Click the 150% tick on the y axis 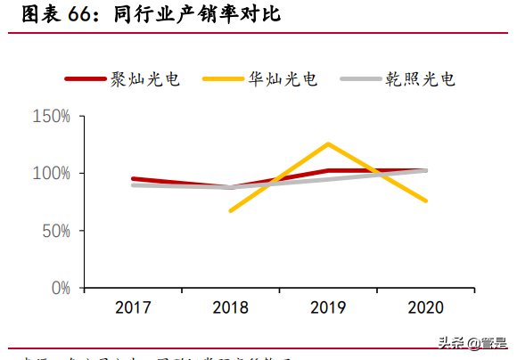(51, 116)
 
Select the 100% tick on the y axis (51, 173)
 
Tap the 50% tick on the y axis (55, 231)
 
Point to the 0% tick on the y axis (59, 288)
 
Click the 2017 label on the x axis (133, 307)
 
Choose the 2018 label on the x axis (231, 307)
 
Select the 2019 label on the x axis (328, 307)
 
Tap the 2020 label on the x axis (425, 307)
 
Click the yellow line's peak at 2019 (328, 143)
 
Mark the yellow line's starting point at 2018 (231, 211)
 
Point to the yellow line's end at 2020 (425, 200)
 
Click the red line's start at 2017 (133, 179)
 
